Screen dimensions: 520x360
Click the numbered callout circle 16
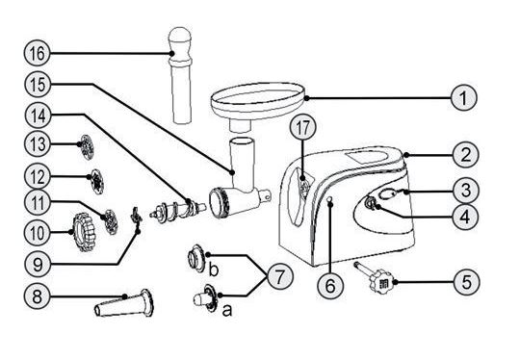click(x=38, y=53)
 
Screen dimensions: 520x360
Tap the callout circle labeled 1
click(x=463, y=98)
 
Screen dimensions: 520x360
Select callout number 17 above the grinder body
click(x=302, y=128)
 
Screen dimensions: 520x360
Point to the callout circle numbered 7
click(x=280, y=276)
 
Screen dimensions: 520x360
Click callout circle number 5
click(x=466, y=282)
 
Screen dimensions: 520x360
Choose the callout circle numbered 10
click(x=38, y=233)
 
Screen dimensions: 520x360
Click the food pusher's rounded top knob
click(x=180, y=39)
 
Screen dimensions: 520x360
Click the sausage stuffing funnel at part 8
click(x=124, y=303)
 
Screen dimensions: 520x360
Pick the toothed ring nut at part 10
click(x=85, y=232)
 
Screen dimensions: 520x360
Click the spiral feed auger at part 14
click(x=178, y=210)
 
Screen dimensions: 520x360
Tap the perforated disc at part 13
click(x=88, y=147)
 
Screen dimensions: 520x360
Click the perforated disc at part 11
click(x=111, y=221)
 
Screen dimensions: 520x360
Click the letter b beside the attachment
click(x=214, y=270)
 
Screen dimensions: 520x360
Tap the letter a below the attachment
click(x=227, y=311)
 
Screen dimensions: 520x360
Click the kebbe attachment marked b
click(x=196, y=258)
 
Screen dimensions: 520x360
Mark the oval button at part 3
click(x=386, y=193)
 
